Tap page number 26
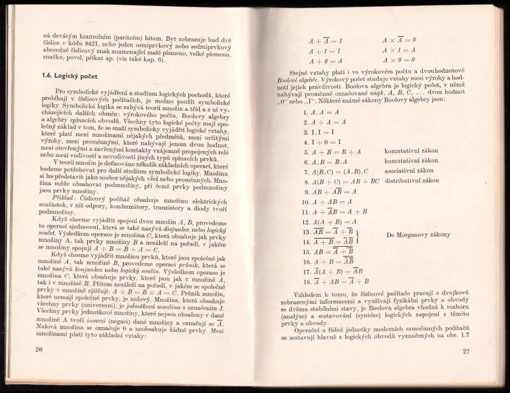[x=29, y=349]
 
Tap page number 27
[x=466, y=351]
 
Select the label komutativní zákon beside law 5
[x=412, y=153]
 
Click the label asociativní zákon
[x=411, y=172]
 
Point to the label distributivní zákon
[x=414, y=182]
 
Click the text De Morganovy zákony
[x=418, y=235]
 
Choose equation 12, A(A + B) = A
[x=331, y=222]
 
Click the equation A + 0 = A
[x=325, y=61]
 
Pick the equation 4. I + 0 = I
[x=321, y=142]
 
